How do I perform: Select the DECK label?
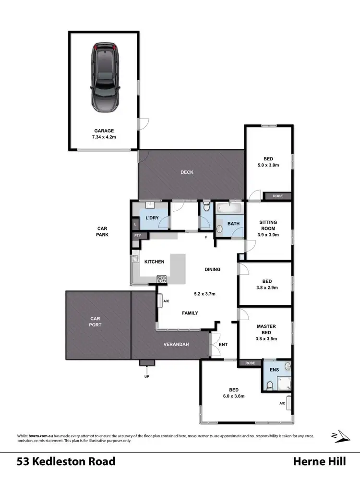(187, 172)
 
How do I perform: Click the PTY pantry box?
(138, 235)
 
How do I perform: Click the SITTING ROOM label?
(267, 226)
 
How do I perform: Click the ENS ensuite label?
(273, 370)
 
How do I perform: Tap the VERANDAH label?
(175, 345)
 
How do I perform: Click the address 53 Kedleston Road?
(66, 462)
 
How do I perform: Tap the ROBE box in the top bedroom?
(277, 196)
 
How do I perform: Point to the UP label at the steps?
(146, 376)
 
